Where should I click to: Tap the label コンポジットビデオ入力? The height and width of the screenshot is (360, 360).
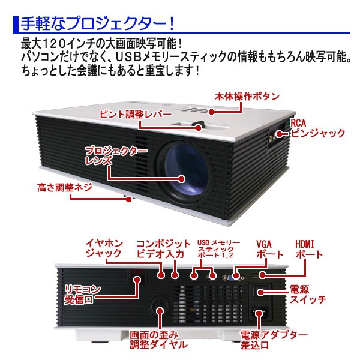(x=161, y=248)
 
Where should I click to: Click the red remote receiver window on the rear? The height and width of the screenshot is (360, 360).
(x=137, y=280)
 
